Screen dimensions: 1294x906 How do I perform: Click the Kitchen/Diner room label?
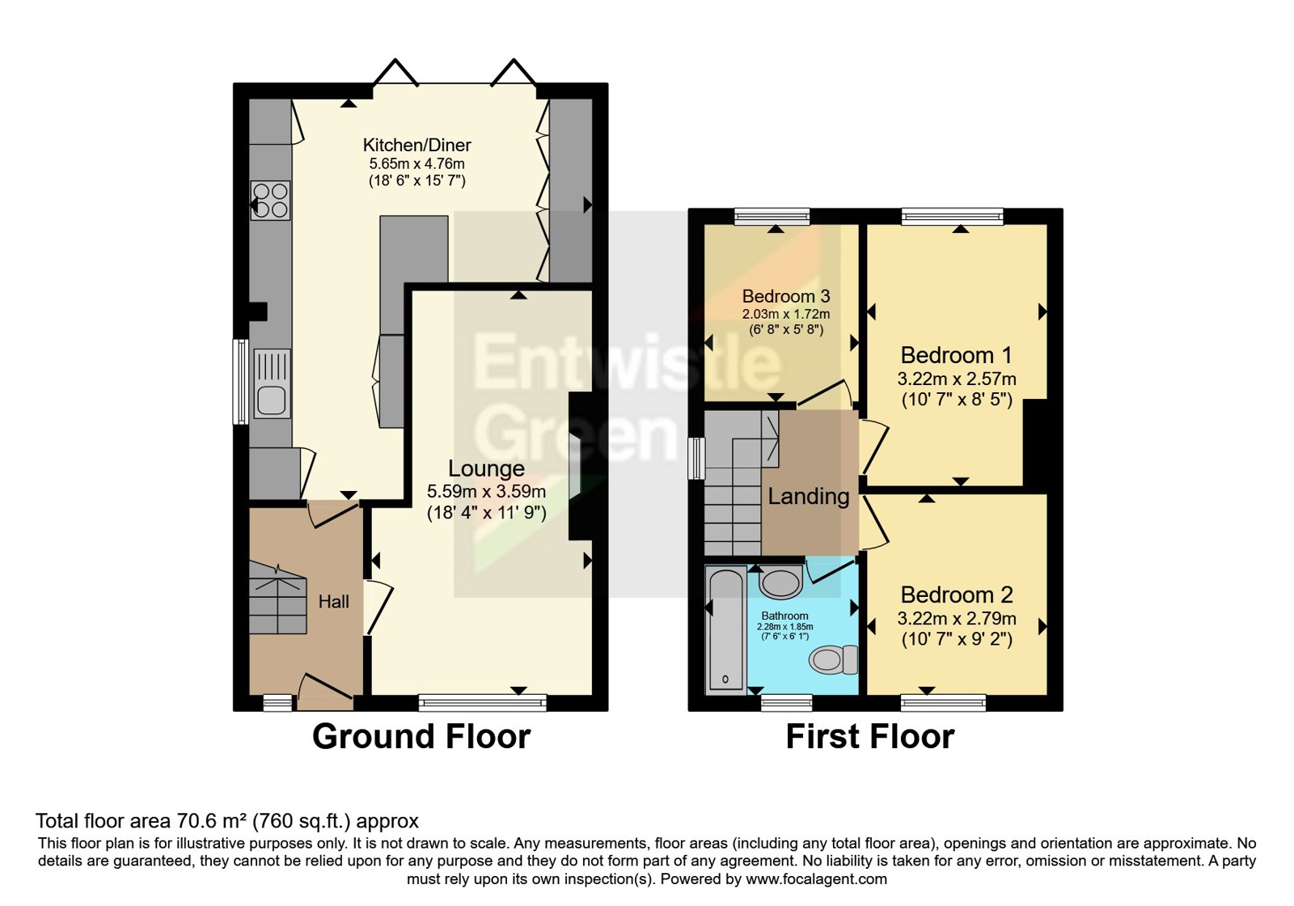[417, 145]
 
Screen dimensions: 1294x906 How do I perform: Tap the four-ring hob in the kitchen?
[270, 200]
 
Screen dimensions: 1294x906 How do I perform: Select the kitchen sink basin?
[272, 400]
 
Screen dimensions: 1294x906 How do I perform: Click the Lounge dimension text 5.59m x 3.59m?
[486, 492]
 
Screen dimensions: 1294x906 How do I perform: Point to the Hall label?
[334, 602]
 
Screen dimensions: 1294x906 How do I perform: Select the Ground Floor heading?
[421, 737]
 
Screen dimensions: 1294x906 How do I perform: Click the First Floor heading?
[870, 737]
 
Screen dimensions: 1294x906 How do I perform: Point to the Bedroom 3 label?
[785, 296]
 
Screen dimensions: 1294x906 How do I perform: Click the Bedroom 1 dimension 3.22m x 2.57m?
[957, 379]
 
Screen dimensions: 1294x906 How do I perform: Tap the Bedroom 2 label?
[957, 595]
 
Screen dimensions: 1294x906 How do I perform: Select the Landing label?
[808, 497]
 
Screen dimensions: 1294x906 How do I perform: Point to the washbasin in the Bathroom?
[780, 582]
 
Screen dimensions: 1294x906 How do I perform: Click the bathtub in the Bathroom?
[725, 629]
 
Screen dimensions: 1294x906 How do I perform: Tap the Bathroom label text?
[784, 616]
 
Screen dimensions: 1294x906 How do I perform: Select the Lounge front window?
[482, 703]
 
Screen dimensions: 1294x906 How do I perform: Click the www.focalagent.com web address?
[816, 879]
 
